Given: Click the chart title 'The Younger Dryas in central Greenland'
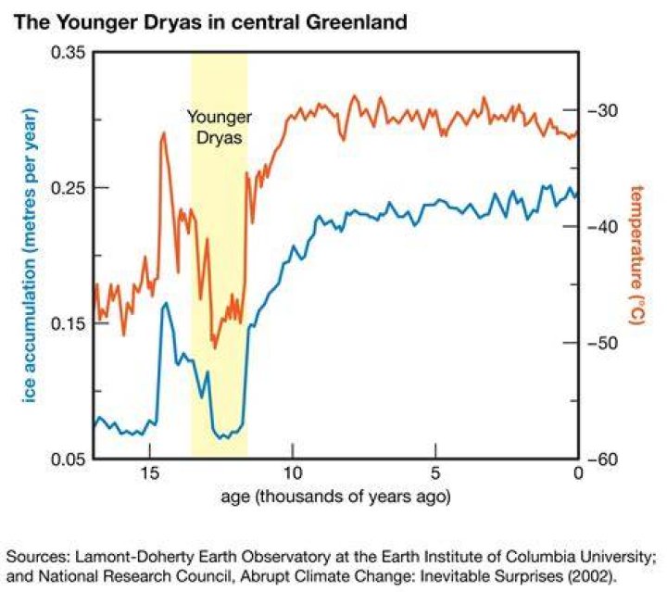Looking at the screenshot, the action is [210, 22].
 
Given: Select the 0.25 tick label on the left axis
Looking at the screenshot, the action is [68, 187].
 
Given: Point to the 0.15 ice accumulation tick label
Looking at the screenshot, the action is [68, 323].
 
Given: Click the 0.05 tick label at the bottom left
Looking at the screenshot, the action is [68, 460].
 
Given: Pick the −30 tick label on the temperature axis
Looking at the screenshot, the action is [603, 110].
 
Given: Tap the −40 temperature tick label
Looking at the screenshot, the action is [603, 227].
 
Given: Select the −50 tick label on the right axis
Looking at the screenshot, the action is [603, 343].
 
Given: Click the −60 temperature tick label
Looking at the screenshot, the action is [603, 460].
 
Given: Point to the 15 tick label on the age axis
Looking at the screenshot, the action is [150, 472].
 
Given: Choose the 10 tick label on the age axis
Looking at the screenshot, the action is [293, 472].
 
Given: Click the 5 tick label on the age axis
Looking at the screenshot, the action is [435, 472].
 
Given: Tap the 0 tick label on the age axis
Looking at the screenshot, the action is [578, 472].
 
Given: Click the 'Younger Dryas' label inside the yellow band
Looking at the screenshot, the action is [220, 127].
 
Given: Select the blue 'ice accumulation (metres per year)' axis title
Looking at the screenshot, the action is [30, 255].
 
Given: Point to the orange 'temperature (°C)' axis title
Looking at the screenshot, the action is [636, 255].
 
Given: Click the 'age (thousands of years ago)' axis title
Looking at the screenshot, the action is [335, 497].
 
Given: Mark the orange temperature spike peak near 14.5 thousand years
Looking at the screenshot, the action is [163, 133].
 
